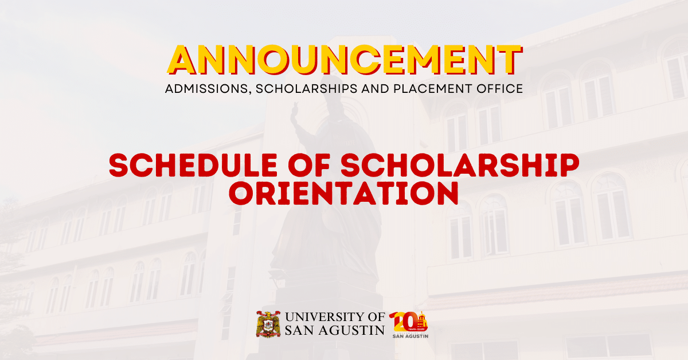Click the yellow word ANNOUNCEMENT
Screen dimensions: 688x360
[x=345, y=60]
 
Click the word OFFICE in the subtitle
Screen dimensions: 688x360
[x=500, y=88]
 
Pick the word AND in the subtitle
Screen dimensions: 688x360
[x=376, y=88]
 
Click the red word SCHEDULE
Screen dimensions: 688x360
[x=193, y=165]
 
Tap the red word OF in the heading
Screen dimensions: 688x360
[x=309, y=165]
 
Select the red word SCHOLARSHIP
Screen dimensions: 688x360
[x=460, y=165]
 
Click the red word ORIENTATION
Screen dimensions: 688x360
[x=343, y=193]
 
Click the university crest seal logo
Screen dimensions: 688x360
[x=268, y=324]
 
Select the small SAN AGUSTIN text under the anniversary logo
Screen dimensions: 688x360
[x=411, y=336]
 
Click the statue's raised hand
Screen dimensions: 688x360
[x=294, y=111]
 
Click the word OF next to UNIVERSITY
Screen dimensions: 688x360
[x=373, y=316]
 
